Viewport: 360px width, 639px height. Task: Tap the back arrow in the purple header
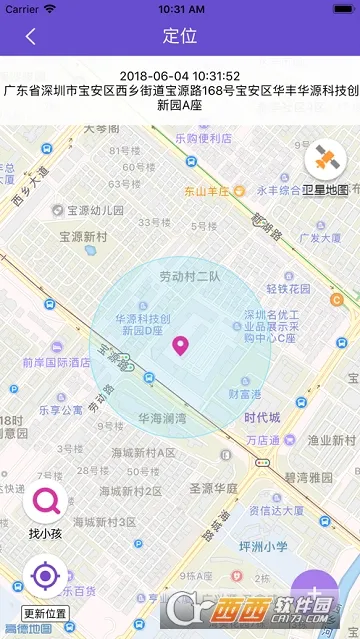click(31, 36)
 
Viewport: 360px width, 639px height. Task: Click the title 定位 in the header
click(180, 36)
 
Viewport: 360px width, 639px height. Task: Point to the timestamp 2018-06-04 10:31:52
click(180, 76)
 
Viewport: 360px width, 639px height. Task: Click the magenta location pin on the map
click(181, 347)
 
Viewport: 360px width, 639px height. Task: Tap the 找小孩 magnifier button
click(45, 502)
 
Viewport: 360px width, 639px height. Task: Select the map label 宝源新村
click(83, 237)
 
